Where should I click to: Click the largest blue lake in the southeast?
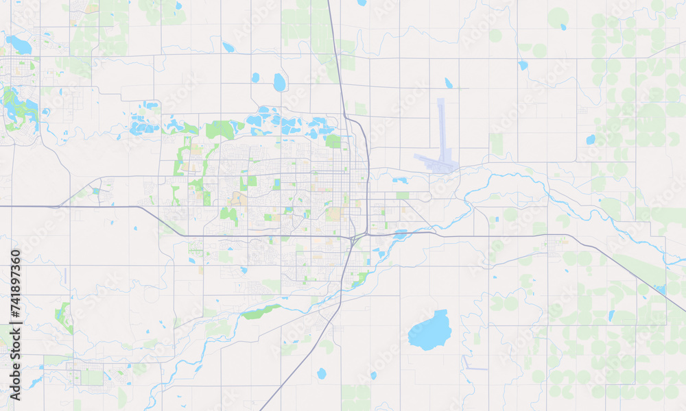coord(430,332)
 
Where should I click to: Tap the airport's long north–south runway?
coord(441,130)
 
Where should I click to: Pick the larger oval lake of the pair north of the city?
coord(279,82)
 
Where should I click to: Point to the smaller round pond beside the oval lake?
coord(255,77)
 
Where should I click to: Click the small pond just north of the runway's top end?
coord(449,83)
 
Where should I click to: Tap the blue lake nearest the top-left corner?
coord(19,45)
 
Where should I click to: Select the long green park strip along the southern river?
coord(261,312)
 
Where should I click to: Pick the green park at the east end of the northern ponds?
coord(333,141)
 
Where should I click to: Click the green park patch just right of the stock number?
coord(64,316)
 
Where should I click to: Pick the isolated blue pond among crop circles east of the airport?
coord(591,139)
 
